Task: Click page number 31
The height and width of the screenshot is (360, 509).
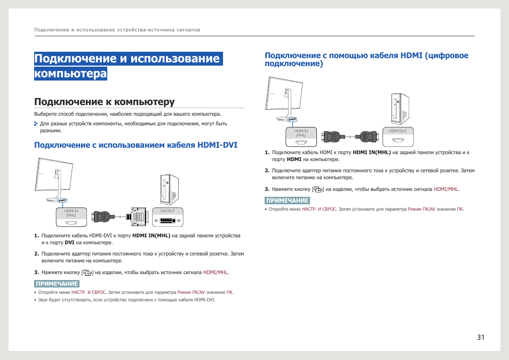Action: click(481, 337)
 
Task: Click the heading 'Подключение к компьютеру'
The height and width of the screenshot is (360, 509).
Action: click(105, 101)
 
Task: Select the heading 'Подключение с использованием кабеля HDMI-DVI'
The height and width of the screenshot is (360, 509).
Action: click(136, 145)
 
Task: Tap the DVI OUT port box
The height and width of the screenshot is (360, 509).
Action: click(168, 215)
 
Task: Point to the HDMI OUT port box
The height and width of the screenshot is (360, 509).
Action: click(397, 136)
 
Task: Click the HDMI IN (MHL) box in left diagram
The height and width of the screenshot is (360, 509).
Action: click(71, 215)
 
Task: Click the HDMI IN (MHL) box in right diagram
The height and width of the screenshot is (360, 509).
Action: click(301, 136)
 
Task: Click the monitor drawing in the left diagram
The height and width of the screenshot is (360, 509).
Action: click(54, 179)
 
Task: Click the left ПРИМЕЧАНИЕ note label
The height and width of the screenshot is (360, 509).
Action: click(57, 284)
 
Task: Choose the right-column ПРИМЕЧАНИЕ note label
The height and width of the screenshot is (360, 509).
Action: click(287, 201)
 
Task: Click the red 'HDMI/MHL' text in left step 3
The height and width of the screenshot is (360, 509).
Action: click(216, 273)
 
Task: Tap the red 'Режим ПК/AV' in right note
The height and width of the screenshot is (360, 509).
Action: click(421, 209)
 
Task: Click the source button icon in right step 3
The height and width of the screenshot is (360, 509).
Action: click(318, 189)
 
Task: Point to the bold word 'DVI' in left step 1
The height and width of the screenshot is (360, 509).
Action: click(69, 243)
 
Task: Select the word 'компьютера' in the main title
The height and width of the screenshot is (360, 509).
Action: click(70, 74)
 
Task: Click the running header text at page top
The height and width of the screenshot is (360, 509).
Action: click(117, 30)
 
